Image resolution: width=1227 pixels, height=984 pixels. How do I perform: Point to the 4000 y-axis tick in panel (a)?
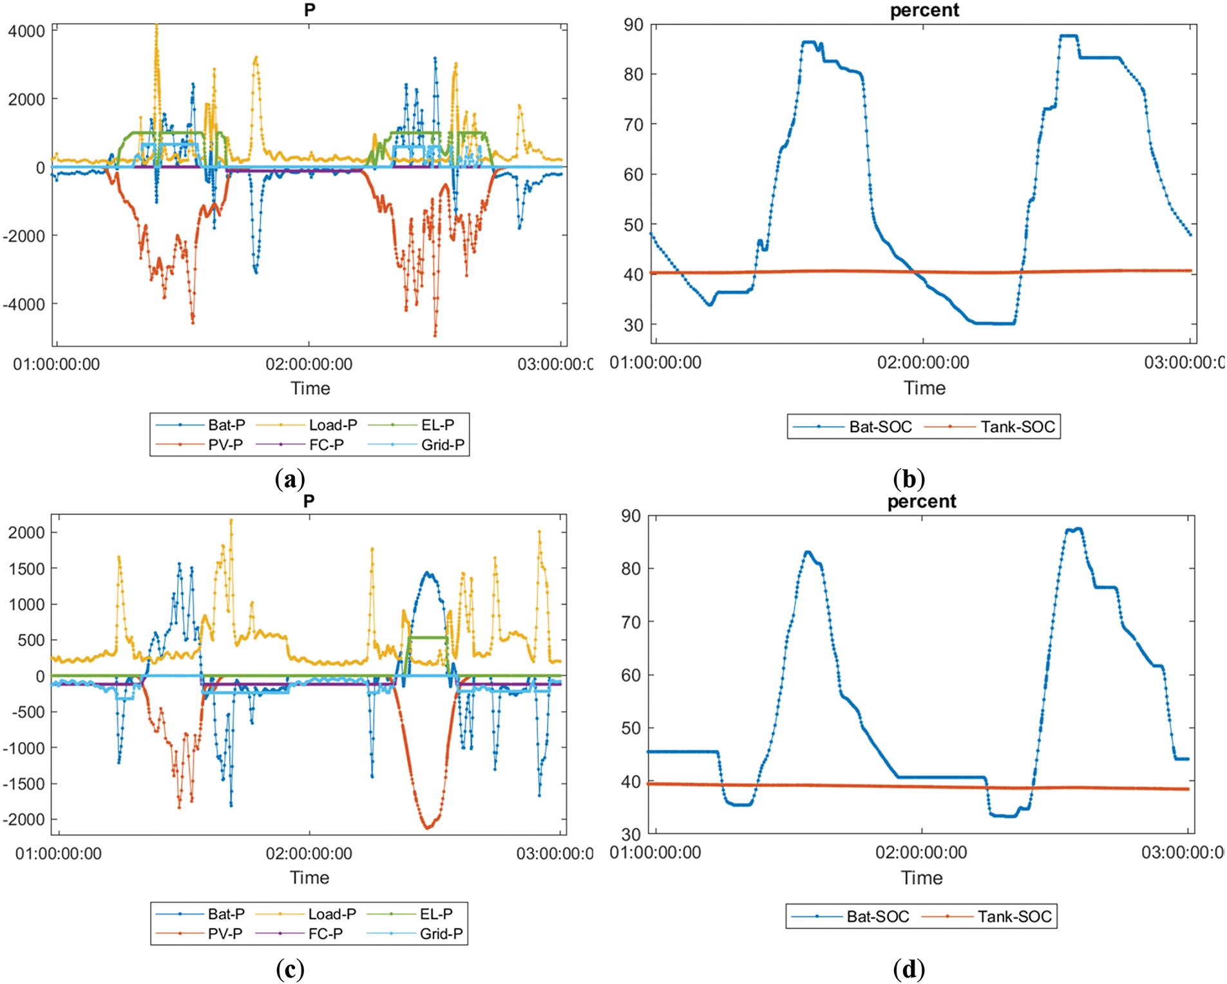(27, 32)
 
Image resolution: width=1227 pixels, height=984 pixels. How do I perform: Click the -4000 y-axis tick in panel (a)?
(24, 305)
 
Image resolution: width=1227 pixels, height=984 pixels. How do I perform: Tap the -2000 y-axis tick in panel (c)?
(24, 820)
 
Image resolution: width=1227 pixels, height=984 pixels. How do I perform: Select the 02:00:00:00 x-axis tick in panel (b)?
(923, 363)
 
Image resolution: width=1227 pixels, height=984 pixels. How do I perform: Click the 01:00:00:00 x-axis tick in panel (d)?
(655, 853)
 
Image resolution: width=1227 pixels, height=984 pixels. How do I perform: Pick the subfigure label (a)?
(290, 479)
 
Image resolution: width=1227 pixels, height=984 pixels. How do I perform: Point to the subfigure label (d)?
(909, 969)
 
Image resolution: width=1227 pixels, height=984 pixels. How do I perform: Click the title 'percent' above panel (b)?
(924, 10)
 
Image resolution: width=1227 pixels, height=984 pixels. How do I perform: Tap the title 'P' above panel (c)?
(309, 501)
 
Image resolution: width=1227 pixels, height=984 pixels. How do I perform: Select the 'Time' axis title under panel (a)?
(310, 388)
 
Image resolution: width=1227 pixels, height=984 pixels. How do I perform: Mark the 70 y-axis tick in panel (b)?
(634, 124)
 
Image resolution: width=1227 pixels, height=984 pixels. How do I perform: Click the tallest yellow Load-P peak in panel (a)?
(157, 26)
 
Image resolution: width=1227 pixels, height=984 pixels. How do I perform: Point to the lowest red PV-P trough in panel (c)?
(427, 828)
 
